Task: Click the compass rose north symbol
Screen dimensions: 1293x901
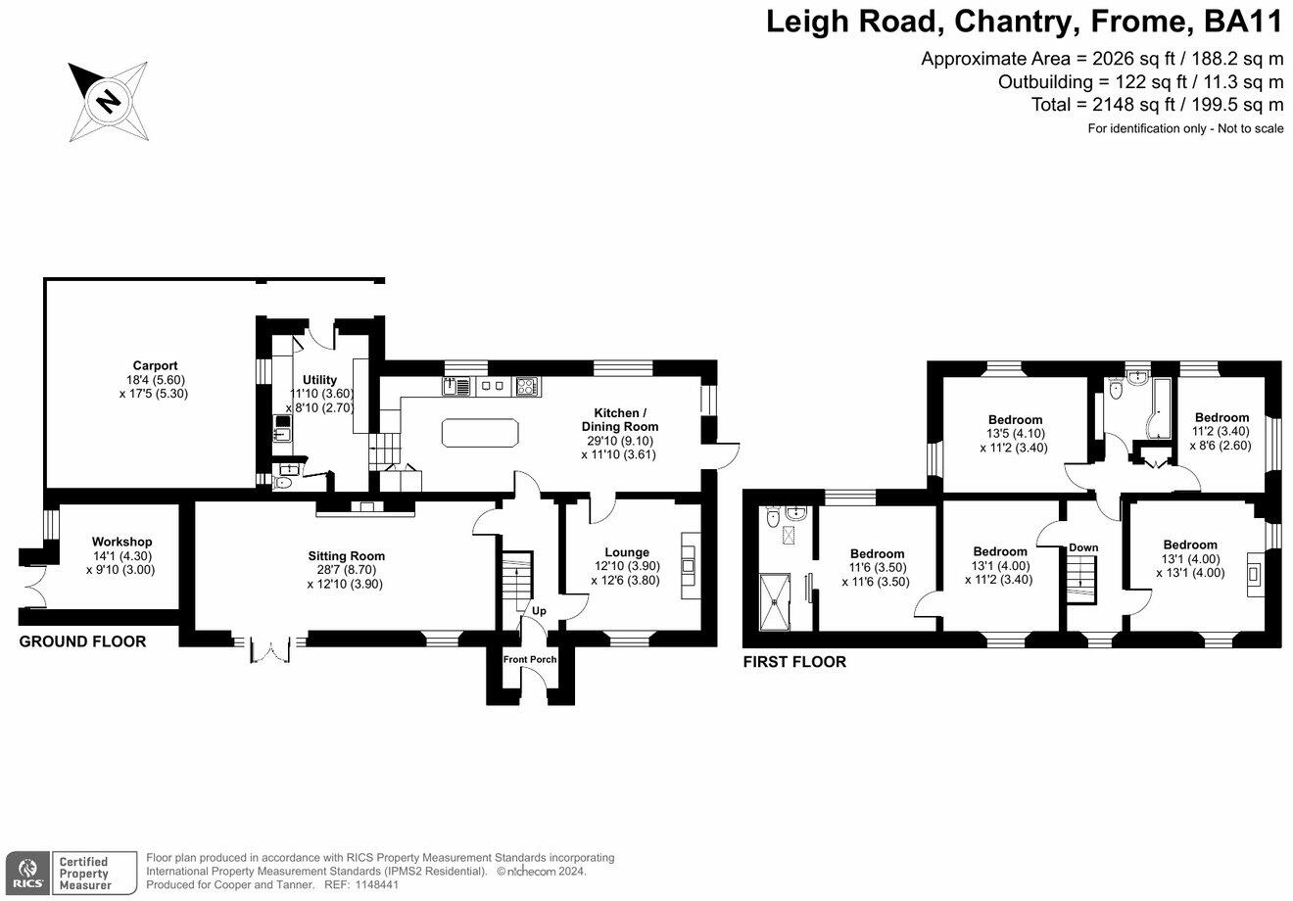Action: [108, 100]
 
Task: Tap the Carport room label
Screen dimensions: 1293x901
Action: [155, 366]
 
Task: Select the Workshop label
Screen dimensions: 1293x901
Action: [121, 542]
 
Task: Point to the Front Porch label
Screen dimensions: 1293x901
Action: [530, 659]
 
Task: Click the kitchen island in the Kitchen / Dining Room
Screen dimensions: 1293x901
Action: [480, 432]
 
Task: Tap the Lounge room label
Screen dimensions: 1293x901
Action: [627, 552]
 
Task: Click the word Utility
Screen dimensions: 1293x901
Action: [319, 380]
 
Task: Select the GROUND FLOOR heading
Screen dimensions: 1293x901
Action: [83, 641]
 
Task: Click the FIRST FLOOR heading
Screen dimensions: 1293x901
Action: [794, 662]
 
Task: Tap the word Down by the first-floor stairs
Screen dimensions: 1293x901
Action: [1083, 547]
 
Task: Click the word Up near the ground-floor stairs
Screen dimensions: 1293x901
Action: [539, 611]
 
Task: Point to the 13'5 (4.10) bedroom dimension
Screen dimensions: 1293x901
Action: [1015, 435]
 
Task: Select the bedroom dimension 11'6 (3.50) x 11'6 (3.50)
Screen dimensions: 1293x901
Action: [876, 574]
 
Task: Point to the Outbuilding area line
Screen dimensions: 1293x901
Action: [1140, 81]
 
